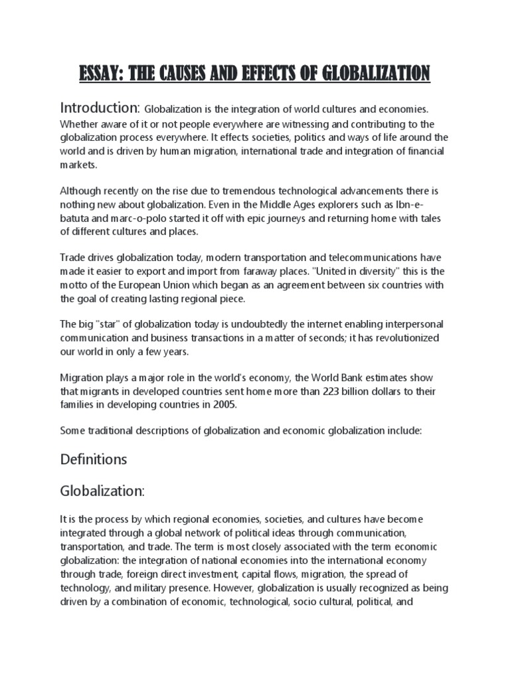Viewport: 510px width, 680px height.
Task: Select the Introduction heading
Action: coord(100,108)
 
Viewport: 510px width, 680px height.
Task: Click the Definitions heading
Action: coord(94,459)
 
